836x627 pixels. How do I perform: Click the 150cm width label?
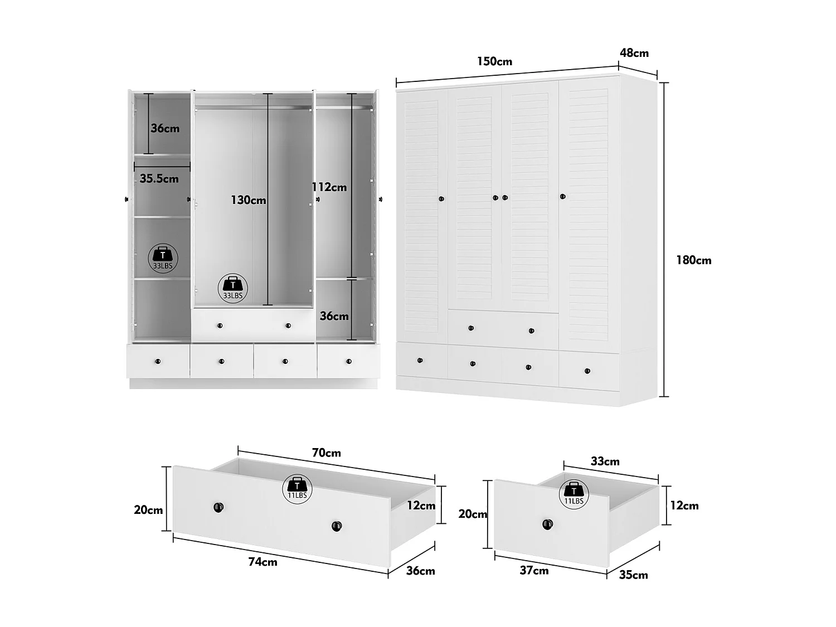(494, 61)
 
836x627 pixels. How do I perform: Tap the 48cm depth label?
(634, 53)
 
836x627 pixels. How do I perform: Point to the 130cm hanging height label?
(248, 200)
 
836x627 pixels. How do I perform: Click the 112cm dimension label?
(329, 187)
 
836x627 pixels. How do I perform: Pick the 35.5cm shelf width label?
(159, 178)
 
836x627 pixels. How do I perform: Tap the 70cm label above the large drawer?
(326, 453)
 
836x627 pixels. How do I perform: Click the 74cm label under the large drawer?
(263, 561)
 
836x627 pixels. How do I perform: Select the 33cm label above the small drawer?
(605, 461)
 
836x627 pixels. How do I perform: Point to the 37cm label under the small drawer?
(534, 570)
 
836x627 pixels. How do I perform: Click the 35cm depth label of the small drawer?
(633, 575)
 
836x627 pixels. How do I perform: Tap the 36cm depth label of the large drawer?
(420, 571)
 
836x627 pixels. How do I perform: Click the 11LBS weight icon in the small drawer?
(573, 493)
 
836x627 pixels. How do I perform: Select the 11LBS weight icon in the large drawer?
(297, 488)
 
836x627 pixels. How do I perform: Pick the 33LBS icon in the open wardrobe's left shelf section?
(163, 257)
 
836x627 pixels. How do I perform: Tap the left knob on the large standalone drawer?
(218, 507)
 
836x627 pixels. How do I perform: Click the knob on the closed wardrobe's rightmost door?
(562, 196)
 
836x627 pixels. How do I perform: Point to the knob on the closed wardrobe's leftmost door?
(441, 198)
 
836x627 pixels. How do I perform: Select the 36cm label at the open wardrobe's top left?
(165, 128)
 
